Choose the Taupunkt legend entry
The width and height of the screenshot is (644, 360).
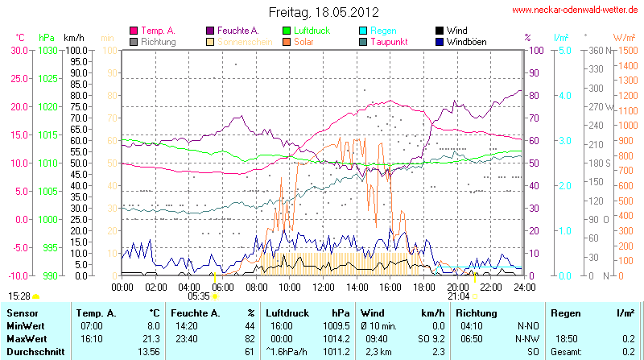tap(391, 41)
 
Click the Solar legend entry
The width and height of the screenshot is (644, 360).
tap(304, 41)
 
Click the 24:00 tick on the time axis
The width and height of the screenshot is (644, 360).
tap(524, 286)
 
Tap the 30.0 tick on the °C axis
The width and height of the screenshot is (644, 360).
tap(19, 50)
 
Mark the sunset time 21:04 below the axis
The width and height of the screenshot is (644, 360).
tap(458, 296)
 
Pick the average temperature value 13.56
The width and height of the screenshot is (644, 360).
tap(148, 352)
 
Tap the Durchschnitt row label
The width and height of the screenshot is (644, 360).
tap(32, 352)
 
